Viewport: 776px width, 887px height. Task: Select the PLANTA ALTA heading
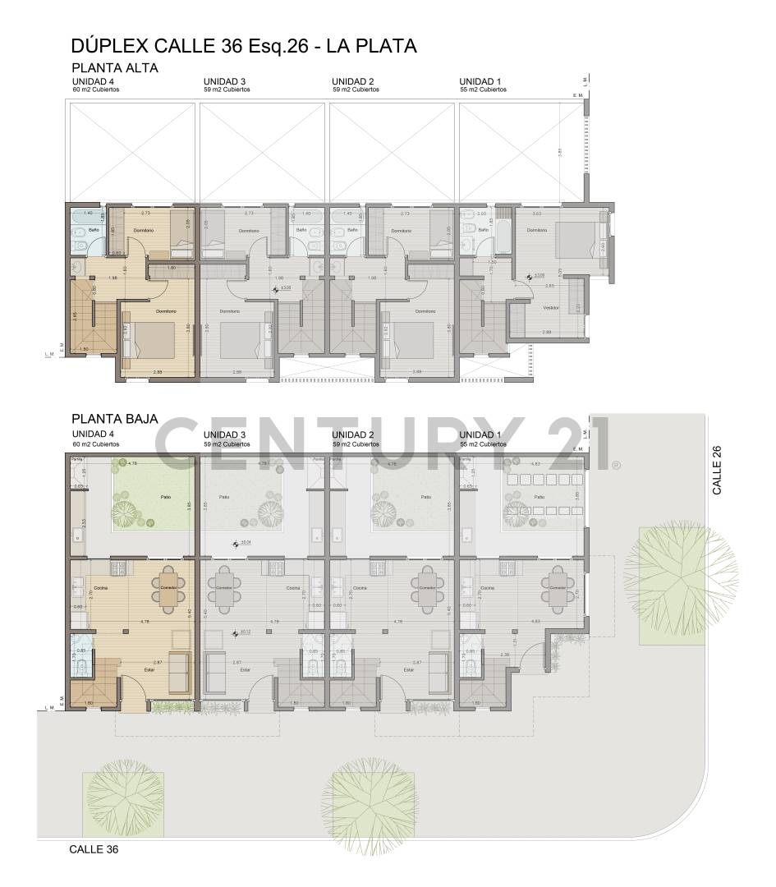tap(115, 68)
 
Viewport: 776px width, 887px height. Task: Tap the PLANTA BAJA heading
tap(115, 419)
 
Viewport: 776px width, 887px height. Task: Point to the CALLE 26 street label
tap(717, 469)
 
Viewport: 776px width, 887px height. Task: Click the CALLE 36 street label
tap(94, 849)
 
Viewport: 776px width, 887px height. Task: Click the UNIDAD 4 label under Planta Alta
tap(93, 81)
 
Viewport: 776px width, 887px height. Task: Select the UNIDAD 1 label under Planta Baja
tap(480, 434)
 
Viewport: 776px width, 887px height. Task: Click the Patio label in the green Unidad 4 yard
tap(165, 497)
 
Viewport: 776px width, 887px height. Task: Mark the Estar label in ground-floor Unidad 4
tap(149, 669)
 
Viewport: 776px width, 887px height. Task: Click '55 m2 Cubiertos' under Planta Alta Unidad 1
tap(483, 90)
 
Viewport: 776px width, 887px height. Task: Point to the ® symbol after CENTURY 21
tap(615, 465)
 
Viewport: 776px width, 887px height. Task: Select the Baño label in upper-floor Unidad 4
tap(94, 230)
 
